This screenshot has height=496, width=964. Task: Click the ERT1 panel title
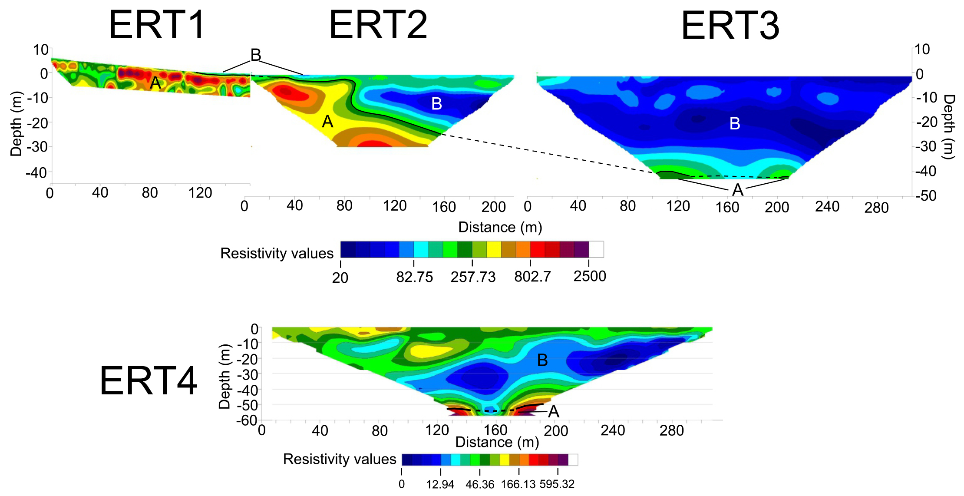click(157, 25)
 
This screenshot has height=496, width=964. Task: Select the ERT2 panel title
click(378, 25)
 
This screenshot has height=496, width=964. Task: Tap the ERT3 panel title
click(730, 26)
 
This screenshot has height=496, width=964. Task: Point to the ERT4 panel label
click(149, 381)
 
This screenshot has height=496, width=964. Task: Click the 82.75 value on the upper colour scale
click(414, 277)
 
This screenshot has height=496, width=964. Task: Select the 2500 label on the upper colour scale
click(589, 276)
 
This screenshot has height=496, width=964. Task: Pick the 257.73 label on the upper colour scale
click(473, 277)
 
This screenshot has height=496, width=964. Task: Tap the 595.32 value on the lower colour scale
click(557, 484)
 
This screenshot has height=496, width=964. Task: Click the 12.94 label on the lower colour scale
click(440, 484)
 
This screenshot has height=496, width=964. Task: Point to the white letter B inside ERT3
click(735, 124)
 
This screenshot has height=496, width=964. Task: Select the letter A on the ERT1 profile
click(155, 83)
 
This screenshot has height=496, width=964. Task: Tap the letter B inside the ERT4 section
click(542, 360)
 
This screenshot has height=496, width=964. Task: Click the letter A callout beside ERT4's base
click(554, 411)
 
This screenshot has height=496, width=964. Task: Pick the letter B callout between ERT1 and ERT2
click(256, 55)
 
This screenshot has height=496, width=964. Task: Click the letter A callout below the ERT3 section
click(738, 190)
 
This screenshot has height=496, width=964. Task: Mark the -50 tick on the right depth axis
click(926, 196)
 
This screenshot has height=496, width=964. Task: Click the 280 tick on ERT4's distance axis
click(671, 430)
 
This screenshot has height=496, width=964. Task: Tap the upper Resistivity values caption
click(277, 253)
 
